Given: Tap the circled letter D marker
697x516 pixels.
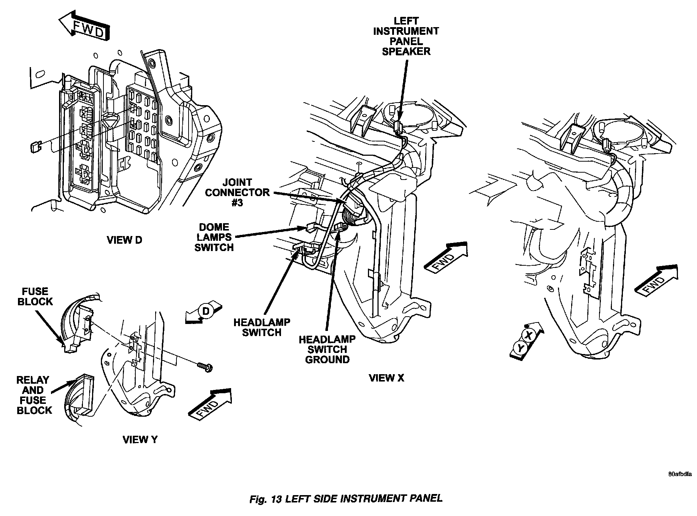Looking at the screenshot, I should pyautogui.click(x=206, y=311).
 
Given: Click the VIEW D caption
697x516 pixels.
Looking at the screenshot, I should pyautogui.click(x=124, y=240).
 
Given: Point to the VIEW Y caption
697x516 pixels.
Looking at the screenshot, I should pyautogui.click(x=140, y=439).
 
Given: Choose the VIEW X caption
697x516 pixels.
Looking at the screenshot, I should pyautogui.click(x=386, y=378).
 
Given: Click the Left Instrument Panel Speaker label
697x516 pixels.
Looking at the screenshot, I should pyautogui.click(x=406, y=36).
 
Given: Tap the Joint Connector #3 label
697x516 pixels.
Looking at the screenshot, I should pyautogui.click(x=237, y=192).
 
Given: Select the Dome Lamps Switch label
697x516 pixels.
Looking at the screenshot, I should pyautogui.click(x=214, y=237).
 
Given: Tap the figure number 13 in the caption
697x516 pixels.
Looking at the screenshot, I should pyautogui.click(x=276, y=499).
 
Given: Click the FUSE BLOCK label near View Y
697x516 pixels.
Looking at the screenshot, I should pyautogui.click(x=35, y=296).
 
